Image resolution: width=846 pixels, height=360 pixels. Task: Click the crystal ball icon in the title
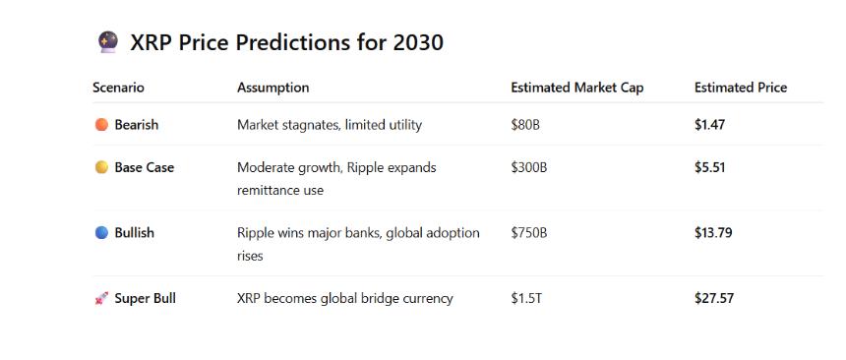point(108,42)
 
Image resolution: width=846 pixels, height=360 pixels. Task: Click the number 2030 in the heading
point(418,42)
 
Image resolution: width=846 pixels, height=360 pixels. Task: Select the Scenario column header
point(118,88)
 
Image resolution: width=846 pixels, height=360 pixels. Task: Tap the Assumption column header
point(273,88)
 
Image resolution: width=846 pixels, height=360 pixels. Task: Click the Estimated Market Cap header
point(577,88)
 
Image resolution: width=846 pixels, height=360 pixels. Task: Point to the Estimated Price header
point(741,88)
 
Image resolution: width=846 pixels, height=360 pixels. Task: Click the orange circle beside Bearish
point(101,125)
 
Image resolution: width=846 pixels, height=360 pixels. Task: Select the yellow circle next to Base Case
point(101,167)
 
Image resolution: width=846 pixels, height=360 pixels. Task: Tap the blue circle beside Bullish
point(101,233)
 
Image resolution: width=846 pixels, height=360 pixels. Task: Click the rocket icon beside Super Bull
point(101,298)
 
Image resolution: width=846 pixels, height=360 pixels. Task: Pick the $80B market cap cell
point(525,125)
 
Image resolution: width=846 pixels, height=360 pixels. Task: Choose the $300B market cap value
point(529,167)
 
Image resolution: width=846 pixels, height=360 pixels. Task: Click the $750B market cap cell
point(529,233)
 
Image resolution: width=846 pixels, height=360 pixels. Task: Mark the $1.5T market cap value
point(526,298)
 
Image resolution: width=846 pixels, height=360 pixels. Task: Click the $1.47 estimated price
point(709,125)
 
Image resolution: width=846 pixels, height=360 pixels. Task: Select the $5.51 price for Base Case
point(709,167)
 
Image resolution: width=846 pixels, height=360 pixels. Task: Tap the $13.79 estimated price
point(713,233)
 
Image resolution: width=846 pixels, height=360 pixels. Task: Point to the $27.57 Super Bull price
point(714,298)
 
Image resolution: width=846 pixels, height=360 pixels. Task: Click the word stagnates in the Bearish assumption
point(314,125)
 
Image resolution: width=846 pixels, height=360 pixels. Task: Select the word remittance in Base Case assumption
point(267,190)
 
